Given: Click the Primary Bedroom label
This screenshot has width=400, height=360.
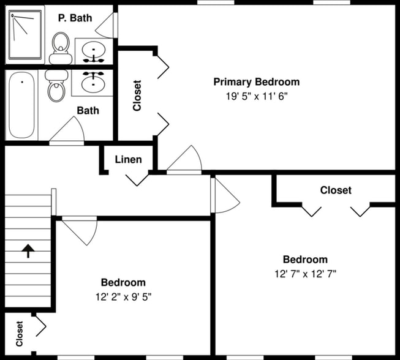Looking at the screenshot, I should click(256, 82).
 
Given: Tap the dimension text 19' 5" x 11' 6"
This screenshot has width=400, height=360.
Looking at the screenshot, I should click(256, 96).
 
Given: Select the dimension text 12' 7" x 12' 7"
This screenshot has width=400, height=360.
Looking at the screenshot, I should click(305, 274).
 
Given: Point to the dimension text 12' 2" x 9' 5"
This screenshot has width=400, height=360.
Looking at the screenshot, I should click(123, 297).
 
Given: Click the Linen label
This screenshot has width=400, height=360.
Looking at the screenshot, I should click(129, 160).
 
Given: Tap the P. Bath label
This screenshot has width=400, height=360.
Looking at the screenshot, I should click(75, 18).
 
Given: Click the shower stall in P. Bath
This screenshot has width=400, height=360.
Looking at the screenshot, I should click(26, 33).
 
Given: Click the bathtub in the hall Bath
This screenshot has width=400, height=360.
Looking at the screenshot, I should click(21, 106).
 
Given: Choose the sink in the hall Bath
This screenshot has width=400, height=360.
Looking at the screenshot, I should click(93, 82).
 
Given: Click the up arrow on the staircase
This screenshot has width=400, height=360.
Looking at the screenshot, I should click(28, 251).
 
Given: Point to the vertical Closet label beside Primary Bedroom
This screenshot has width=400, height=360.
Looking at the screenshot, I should click(137, 96).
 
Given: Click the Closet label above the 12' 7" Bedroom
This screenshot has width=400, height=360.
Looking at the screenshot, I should click(336, 190).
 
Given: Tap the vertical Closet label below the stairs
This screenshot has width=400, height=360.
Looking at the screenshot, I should click(19, 334).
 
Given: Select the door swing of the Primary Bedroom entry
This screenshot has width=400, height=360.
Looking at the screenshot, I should click(186, 161).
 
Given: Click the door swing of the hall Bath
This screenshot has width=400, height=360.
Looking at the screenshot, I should click(68, 130).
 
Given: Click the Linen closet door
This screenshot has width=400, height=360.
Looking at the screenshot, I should click(137, 179).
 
